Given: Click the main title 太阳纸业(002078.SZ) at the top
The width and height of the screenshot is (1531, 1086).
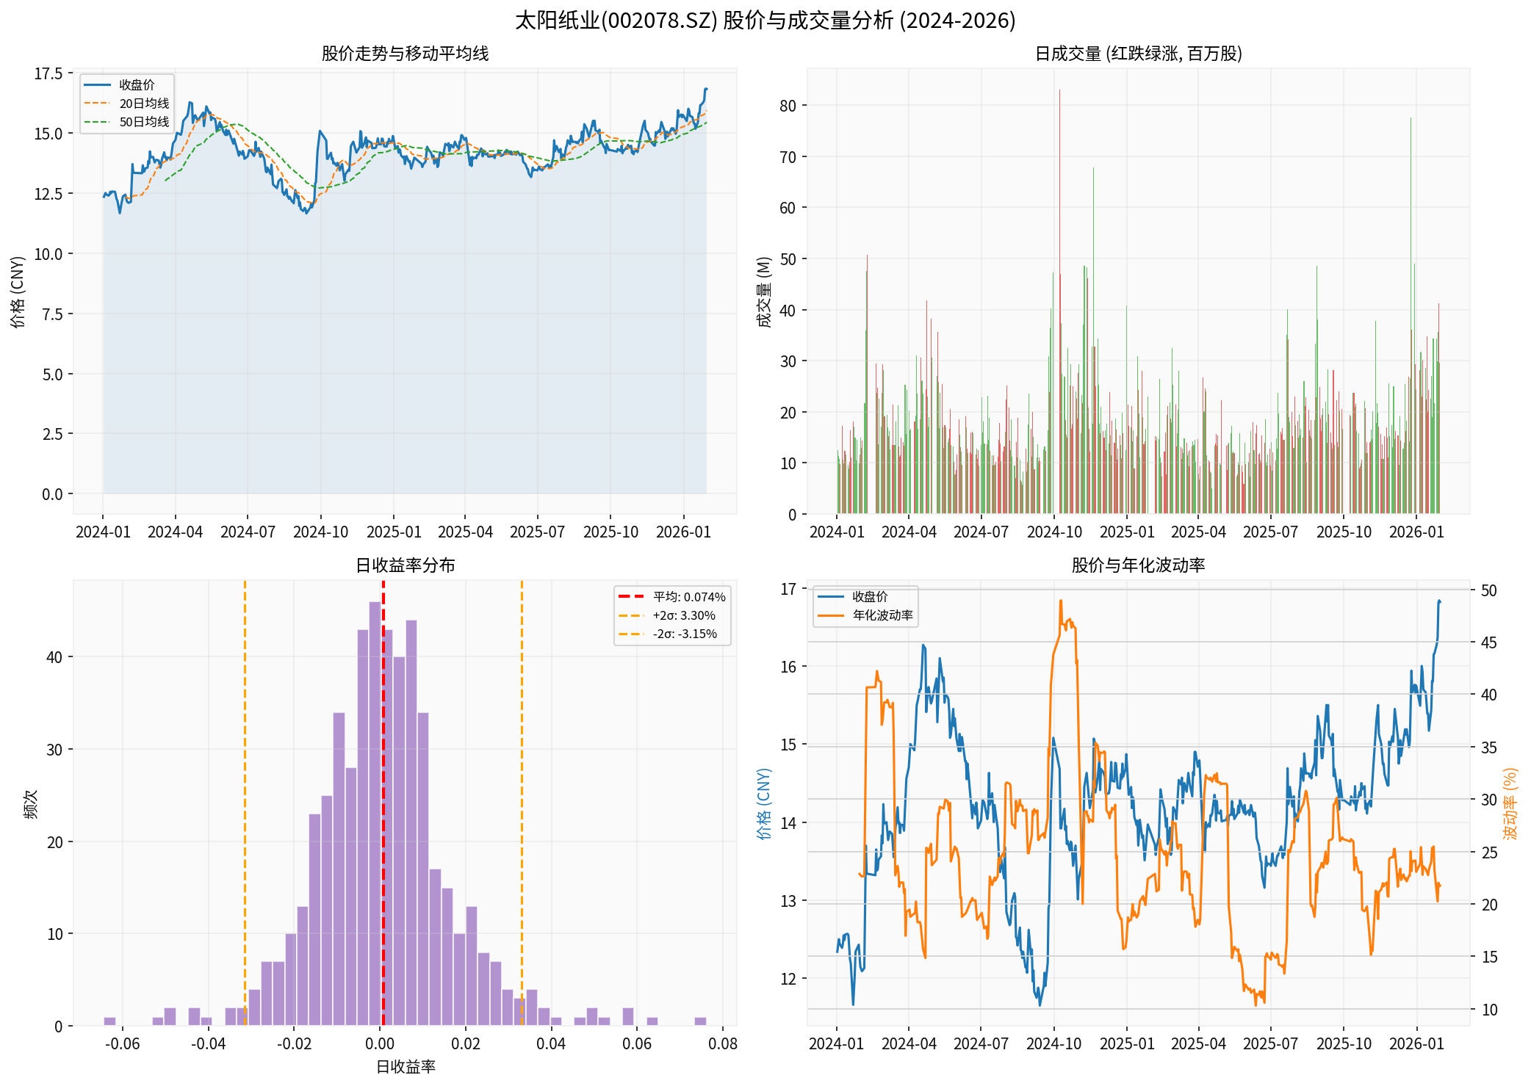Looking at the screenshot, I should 765,20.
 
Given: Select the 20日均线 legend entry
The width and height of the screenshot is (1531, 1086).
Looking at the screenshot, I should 144,104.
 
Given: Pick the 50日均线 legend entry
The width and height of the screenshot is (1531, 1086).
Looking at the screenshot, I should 144,122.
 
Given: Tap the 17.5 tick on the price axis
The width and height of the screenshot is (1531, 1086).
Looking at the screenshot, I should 48,73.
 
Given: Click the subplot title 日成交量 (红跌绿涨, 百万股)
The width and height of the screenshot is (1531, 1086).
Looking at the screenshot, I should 1138,54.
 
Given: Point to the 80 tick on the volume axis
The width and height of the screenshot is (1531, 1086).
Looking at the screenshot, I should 788,106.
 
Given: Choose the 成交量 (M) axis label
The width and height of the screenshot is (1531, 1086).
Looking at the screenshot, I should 765,292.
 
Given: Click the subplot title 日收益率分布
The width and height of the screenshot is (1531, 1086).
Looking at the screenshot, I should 405,565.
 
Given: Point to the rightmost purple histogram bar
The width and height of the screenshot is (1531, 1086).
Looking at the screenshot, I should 700,1021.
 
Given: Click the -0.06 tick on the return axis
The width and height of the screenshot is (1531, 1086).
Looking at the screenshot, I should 122,1044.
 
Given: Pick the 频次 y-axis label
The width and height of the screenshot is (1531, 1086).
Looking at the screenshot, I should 31,804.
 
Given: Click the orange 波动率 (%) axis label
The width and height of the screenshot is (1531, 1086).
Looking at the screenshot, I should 1510,804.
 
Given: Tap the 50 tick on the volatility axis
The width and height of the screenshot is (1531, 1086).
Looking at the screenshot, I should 1489,590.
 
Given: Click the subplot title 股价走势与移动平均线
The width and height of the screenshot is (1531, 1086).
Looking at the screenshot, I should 405,54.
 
